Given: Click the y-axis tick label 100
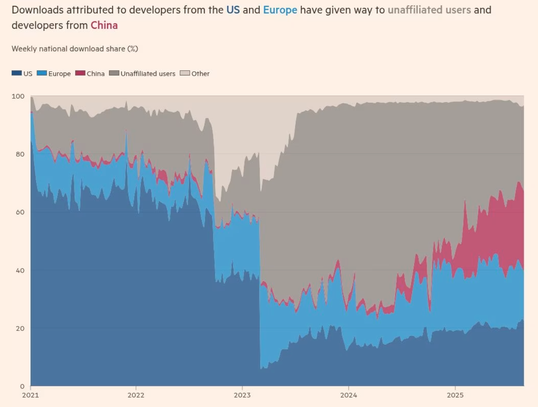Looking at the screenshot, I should (18, 96).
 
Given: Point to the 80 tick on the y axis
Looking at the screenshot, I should (20, 154).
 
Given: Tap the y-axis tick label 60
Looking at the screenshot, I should (20, 212).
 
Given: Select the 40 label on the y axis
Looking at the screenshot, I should (20, 270).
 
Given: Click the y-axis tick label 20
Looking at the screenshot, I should (20, 328).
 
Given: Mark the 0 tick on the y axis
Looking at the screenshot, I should (22, 386).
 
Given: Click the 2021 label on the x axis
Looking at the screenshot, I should (31, 395).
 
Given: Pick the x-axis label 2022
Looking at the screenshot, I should (136, 395).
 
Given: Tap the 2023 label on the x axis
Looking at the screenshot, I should (242, 395).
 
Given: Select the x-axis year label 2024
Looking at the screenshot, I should (349, 395).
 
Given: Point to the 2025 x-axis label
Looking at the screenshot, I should (455, 395).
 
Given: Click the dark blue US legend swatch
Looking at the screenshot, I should (16, 73).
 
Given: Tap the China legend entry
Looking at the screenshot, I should (90, 74).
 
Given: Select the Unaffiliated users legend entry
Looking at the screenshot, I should (142, 74).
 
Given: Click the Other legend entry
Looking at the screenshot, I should (195, 74).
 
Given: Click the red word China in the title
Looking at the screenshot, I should (104, 25).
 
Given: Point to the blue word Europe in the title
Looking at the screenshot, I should (280, 10).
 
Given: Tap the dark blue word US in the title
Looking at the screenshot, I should (233, 10).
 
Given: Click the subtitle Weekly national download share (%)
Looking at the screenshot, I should (75, 49).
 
